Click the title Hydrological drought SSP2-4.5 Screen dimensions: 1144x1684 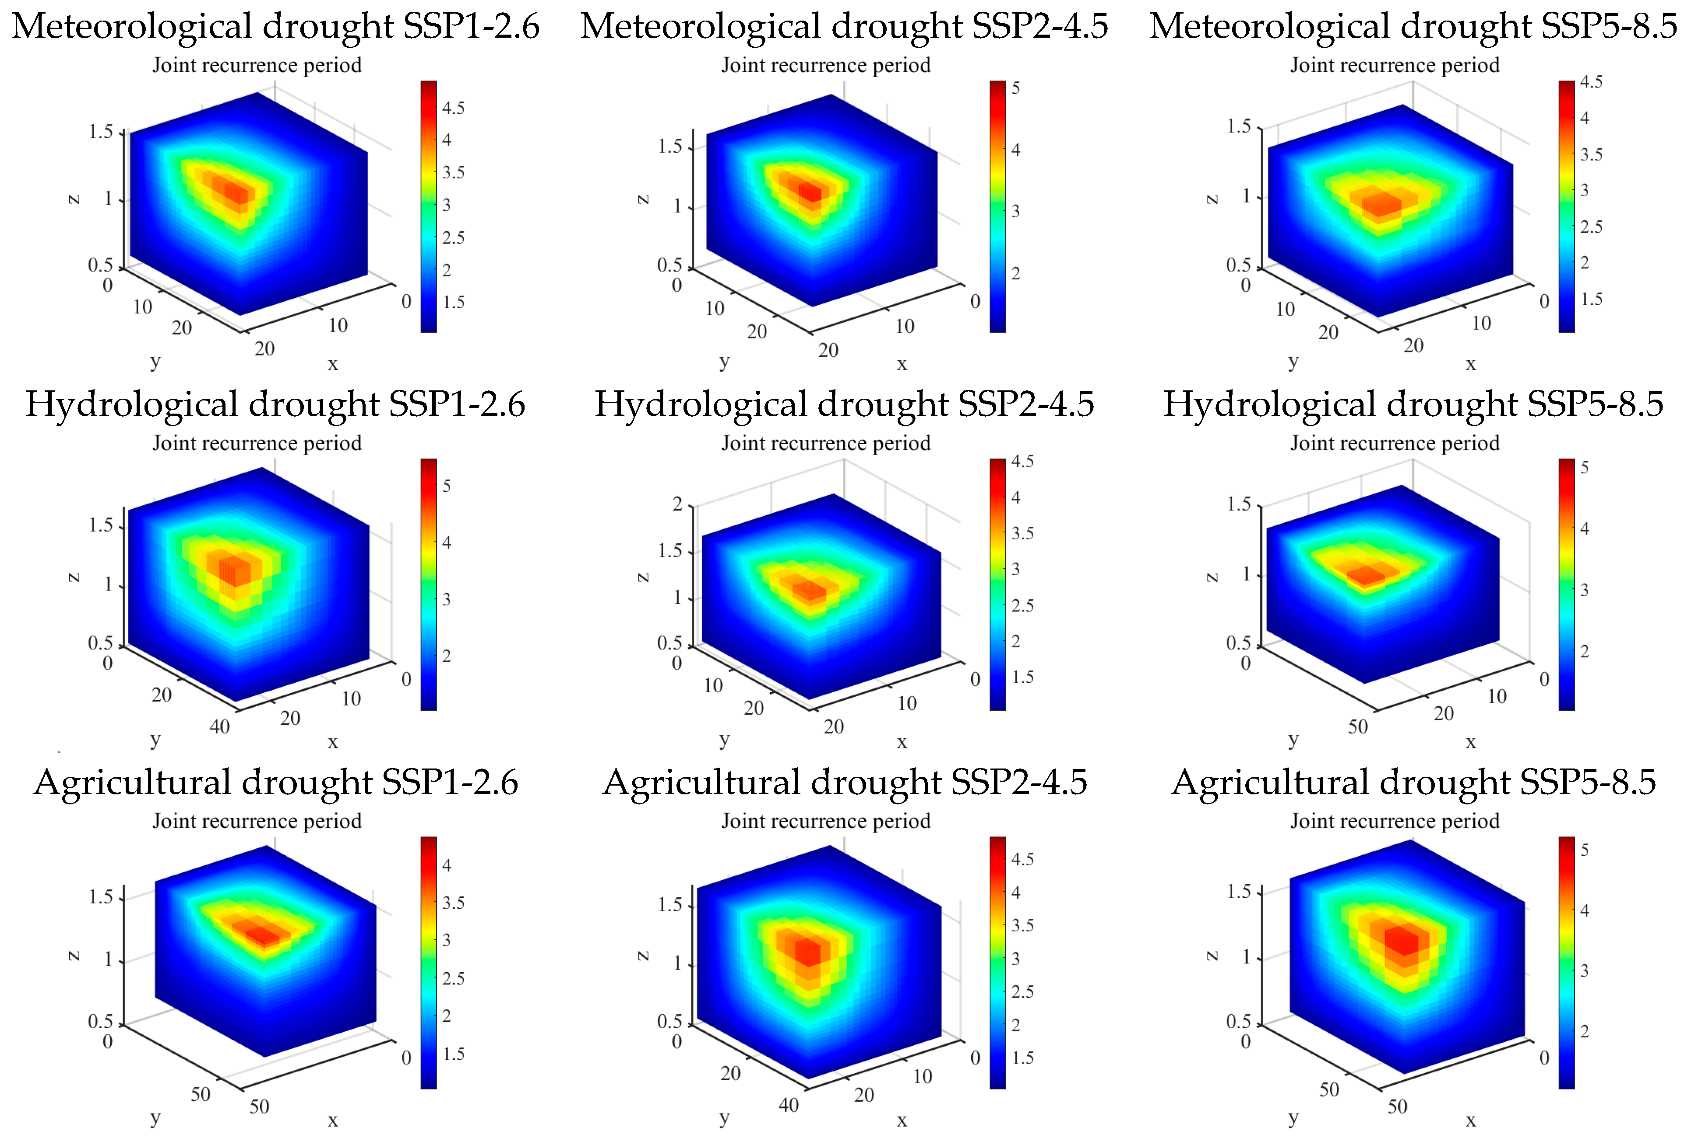(844, 404)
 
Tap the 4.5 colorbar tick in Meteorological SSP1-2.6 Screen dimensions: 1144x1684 (454, 108)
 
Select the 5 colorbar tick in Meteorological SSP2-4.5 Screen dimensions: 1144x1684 (1016, 89)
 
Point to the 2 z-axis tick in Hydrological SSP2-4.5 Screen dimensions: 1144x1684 (677, 504)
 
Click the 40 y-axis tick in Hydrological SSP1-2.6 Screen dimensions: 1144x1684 (219, 726)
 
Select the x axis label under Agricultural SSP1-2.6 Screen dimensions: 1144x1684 (333, 1120)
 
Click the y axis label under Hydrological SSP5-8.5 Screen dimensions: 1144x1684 (1293, 740)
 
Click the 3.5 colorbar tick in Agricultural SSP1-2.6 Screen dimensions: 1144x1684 (454, 903)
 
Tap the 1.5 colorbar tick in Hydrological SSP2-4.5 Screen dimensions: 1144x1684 (1022, 677)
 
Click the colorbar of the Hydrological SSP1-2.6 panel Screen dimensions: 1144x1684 (428, 584)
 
